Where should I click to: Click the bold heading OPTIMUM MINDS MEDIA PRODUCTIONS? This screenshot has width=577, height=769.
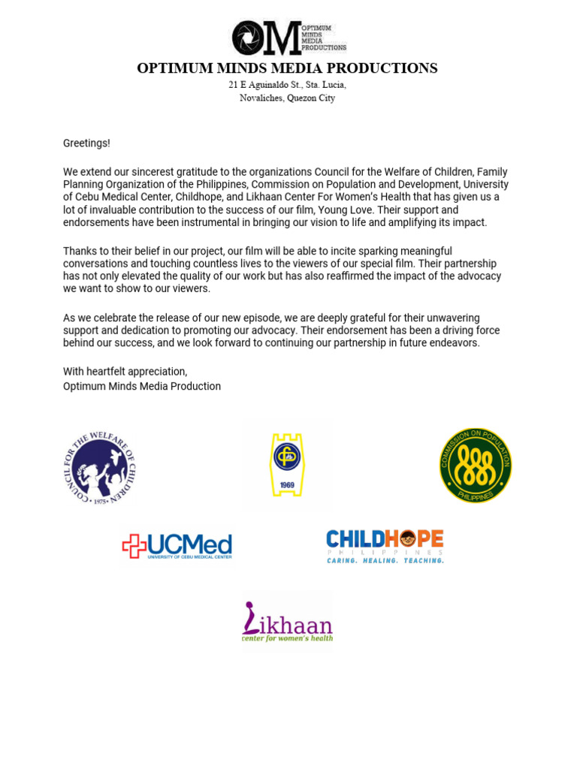(287, 68)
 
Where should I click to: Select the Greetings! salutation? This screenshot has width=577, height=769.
(86, 143)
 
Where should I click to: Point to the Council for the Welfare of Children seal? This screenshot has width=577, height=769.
(99, 467)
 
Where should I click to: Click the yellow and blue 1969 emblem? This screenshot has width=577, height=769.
(287, 466)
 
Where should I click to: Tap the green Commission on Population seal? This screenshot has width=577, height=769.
(476, 466)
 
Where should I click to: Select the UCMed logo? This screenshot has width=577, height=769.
(177, 546)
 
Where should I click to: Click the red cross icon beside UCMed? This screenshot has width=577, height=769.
(134, 546)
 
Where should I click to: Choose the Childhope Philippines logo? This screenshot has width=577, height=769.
(385, 546)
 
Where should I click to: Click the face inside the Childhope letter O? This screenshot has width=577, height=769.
(407, 538)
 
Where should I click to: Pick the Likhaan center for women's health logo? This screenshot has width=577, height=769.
(287, 622)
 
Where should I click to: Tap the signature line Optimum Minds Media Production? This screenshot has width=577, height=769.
(142, 386)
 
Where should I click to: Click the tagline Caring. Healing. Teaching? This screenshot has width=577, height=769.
(385, 560)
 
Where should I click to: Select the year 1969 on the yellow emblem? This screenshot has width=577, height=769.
(287, 485)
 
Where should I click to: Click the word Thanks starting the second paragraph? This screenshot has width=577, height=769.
(79, 251)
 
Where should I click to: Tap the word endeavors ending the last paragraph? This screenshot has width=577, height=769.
(455, 343)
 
